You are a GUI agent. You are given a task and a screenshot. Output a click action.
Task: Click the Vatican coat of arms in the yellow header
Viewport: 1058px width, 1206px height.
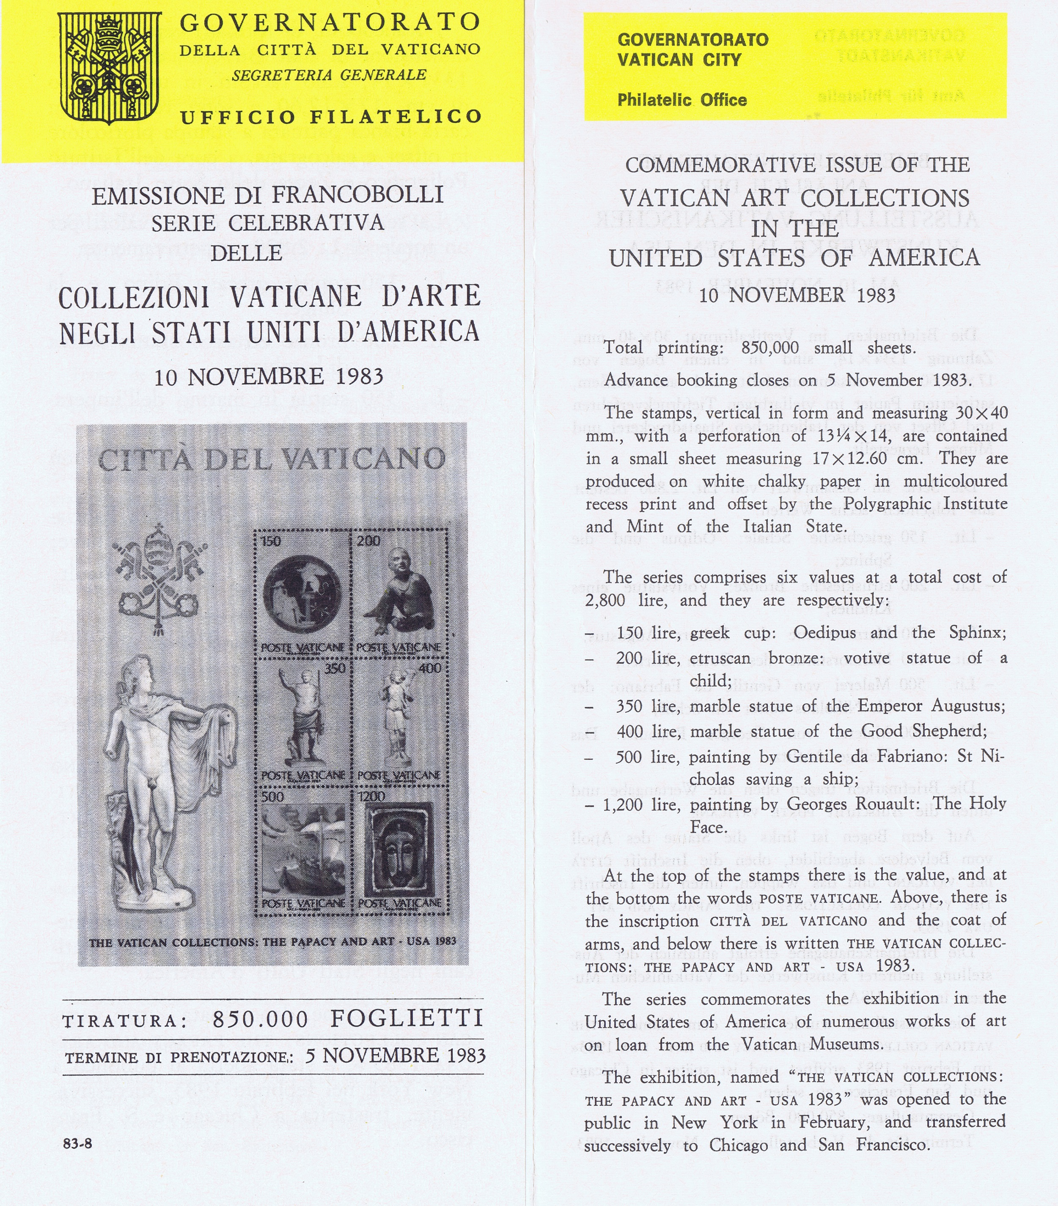(110, 68)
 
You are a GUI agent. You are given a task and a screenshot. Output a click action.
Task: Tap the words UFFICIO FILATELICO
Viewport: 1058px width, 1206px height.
(331, 117)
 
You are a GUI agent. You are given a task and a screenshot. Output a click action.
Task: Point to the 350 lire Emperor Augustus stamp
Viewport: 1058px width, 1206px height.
(302, 720)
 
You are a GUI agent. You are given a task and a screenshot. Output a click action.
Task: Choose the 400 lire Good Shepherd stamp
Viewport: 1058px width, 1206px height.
(400, 720)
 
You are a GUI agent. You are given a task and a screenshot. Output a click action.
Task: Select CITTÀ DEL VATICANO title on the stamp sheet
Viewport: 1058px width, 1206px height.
(272, 459)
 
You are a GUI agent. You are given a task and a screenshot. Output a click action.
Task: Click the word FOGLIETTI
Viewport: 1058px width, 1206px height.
(407, 1018)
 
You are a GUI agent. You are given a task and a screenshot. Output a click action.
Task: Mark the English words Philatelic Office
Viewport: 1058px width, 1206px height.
(682, 100)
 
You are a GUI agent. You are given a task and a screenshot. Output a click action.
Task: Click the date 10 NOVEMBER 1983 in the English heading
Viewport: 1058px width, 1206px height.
(797, 295)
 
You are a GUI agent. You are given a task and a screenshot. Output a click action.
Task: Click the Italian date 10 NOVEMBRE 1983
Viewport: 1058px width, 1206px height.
(269, 377)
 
